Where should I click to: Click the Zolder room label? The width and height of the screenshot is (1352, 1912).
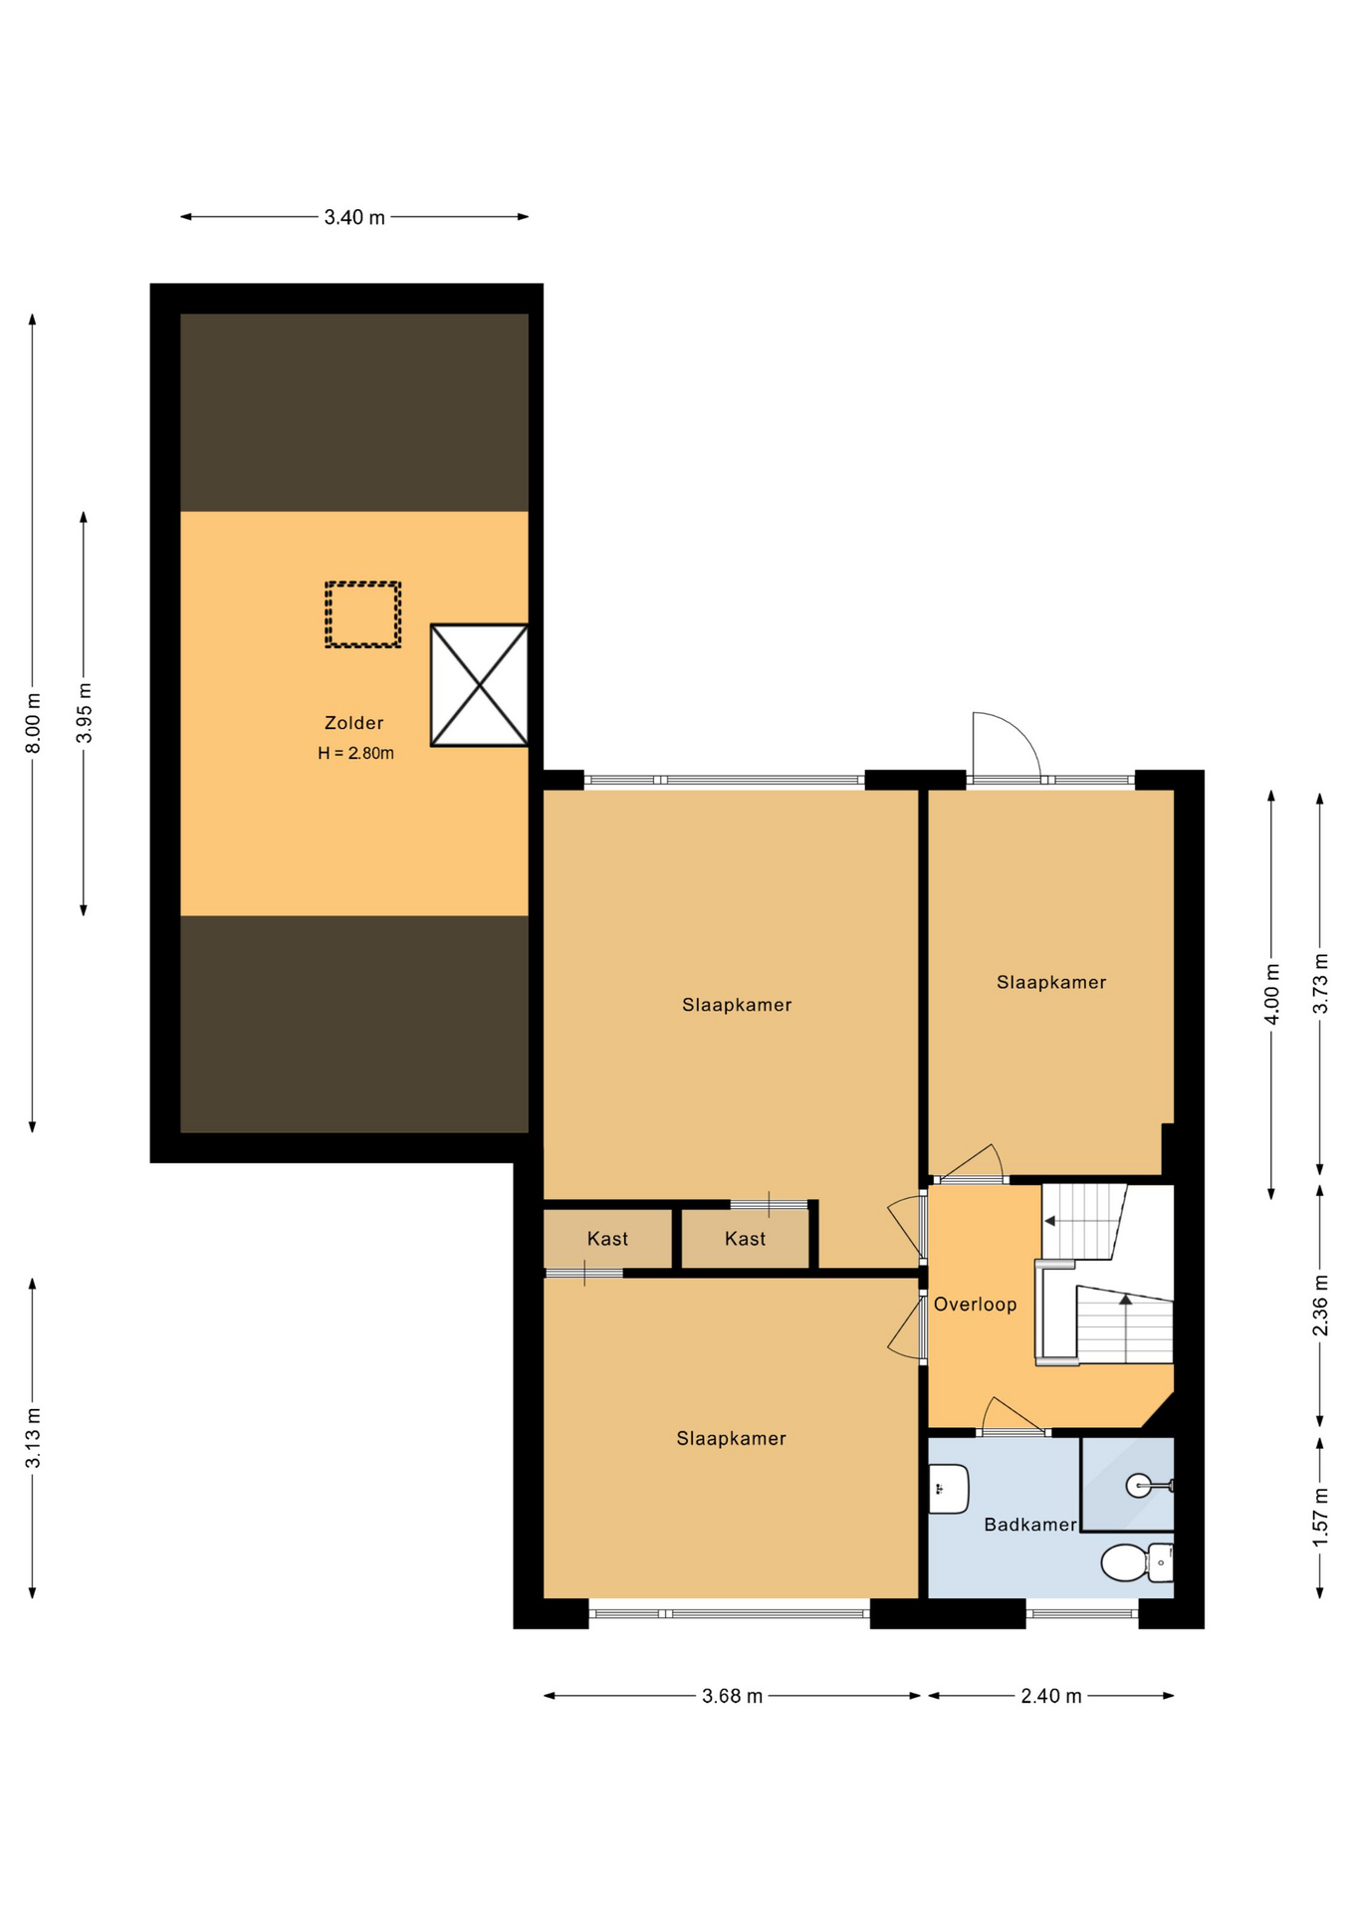(353, 723)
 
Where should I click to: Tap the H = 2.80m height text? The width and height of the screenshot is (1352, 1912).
(355, 753)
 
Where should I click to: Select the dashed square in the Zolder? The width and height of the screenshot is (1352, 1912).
(362, 614)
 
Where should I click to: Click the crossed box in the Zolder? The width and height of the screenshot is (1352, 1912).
(479, 685)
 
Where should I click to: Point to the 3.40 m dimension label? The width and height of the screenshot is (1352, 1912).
(354, 217)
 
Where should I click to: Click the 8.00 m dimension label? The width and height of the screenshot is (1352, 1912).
(33, 723)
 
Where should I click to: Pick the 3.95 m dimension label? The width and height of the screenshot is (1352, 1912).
(84, 713)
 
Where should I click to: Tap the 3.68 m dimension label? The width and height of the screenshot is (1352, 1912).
(732, 1696)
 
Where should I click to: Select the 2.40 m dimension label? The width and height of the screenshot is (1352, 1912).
(1050, 1696)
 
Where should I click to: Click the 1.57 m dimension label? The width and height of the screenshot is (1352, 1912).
(1320, 1517)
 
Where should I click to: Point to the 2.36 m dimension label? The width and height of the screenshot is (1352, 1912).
(1320, 1306)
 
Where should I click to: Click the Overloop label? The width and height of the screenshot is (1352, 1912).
(975, 1305)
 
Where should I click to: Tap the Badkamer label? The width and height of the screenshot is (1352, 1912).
(1029, 1525)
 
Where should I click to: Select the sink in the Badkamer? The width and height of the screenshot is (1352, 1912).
(948, 1489)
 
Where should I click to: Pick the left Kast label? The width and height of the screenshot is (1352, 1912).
(607, 1239)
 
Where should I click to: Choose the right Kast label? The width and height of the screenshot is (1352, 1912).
(745, 1239)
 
